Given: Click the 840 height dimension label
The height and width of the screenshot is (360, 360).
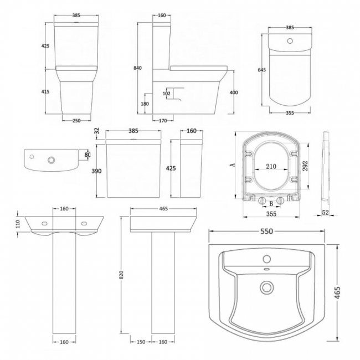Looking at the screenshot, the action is [x=137, y=68].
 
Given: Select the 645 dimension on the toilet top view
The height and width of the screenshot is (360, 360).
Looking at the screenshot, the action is [x=262, y=70].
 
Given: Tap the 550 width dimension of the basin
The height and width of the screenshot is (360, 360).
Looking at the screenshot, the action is [x=266, y=231].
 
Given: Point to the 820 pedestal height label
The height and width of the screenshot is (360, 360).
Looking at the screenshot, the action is [x=121, y=275].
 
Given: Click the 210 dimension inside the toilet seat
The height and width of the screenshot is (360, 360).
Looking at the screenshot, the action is [x=271, y=166].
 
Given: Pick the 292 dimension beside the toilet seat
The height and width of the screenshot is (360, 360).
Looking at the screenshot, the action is [x=305, y=166].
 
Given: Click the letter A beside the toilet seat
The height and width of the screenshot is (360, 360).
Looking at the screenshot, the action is [x=233, y=164].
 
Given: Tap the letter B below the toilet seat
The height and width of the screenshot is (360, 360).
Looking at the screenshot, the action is [x=271, y=204].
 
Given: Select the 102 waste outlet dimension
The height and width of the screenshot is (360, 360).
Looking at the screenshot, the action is [x=167, y=94].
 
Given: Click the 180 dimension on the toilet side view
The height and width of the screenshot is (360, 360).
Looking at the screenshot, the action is [x=145, y=104].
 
